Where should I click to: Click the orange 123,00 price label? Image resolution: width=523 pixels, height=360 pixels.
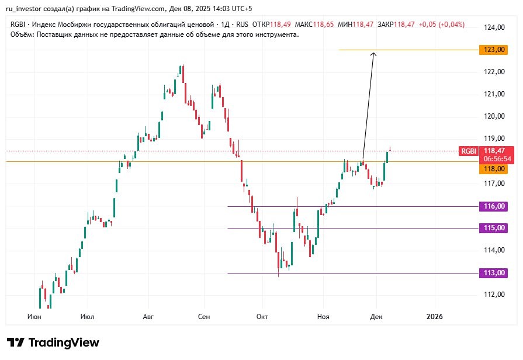[x=493, y=50]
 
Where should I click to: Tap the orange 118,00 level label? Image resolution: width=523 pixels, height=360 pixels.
[x=493, y=169]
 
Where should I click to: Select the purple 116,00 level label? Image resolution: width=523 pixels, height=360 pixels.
[x=493, y=206]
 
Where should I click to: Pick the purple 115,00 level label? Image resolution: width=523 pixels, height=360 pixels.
[x=493, y=228]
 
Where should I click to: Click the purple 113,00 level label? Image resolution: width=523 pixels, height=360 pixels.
[x=493, y=273]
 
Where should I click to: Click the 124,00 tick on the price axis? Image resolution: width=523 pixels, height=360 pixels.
[x=494, y=27]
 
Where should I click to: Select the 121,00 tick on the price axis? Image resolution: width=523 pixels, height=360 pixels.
[x=494, y=94]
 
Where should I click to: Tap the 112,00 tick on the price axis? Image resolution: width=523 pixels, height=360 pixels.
[x=494, y=295]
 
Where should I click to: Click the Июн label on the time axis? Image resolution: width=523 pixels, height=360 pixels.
[x=34, y=317]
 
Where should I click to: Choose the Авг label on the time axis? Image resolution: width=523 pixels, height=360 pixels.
[x=148, y=317]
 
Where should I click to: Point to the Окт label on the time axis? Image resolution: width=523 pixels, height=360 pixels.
[x=262, y=317]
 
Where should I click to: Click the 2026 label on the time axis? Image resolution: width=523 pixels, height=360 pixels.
[x=435, y=317]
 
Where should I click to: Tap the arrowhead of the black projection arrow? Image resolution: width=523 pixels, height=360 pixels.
[x=373, y=54]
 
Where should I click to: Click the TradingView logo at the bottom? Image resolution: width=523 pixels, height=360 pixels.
[x=53, y=342]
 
